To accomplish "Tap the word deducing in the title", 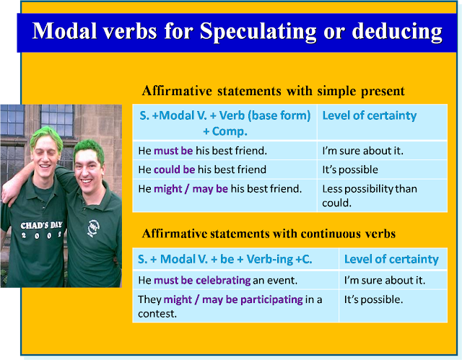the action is (397, 32).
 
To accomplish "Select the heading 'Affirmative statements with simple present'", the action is (274, 91).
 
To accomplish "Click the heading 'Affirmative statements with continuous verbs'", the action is (269, 234).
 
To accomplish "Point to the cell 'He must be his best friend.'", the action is (203, 151).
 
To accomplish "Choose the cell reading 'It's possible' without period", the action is (350, 170).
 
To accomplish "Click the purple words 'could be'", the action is (175, 170).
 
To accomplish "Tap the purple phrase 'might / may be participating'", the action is (233, 299).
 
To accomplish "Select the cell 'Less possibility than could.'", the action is (370, 196).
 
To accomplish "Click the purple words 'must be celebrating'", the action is (202, 280).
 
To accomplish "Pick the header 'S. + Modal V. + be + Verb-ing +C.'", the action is (225, 259).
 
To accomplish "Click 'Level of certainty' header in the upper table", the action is (370, 115).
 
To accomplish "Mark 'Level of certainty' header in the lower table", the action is (391, 259).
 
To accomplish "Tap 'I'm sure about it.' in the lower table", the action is (385, 280).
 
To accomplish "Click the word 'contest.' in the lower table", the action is (157, 314).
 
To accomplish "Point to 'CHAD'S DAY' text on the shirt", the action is (41, 226).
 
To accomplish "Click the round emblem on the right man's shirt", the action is (94, 228).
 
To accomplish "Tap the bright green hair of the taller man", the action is (46, 136).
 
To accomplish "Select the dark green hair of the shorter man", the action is (90, 151).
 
